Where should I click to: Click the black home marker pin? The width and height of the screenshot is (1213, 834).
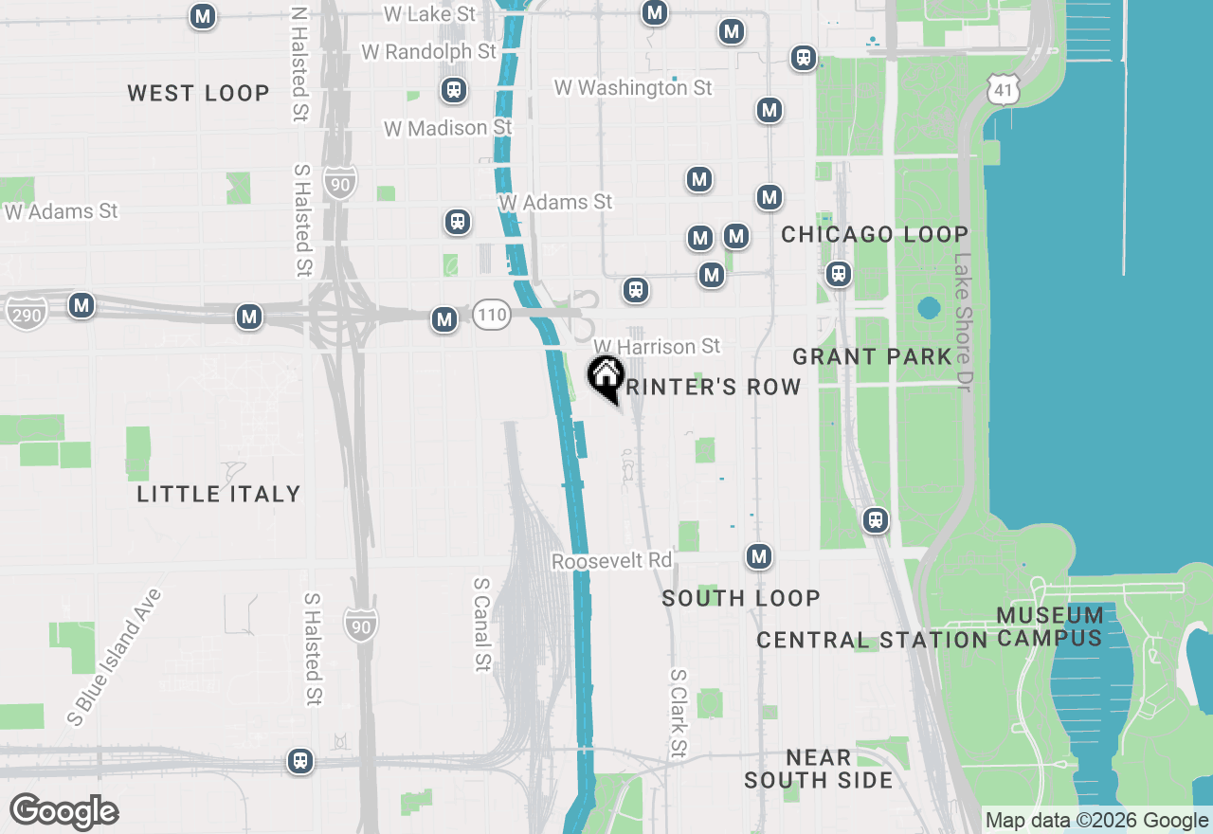click(x=606, y=377)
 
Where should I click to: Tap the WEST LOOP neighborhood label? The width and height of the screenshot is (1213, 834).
click(x=198, y=93)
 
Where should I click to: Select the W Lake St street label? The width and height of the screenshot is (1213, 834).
click(x=429, y=14)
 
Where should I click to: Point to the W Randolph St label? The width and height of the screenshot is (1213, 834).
click(x=428, y=51)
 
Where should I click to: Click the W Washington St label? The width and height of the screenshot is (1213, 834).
click(x=633, y=88)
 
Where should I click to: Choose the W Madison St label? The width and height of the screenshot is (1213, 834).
click(x=447, y=128)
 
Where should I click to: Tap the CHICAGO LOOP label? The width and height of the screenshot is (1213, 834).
click(x=874, y=234)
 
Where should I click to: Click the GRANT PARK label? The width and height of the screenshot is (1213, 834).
click(x=872, y=356)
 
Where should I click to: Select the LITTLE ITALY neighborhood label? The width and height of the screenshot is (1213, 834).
click(x=219, y=494)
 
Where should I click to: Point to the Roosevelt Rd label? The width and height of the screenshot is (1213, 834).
click(x=611, y=561)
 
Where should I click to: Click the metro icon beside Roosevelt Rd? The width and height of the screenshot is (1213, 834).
click(x=758, y=556)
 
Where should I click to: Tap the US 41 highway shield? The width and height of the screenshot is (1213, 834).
click(x=1002, y=90)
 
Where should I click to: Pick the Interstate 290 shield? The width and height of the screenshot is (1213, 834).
click(x=26, y=313)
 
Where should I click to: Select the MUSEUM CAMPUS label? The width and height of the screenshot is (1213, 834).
click(x=1050, y=626)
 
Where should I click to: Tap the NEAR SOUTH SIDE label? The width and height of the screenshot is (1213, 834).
click(x=818, y=769)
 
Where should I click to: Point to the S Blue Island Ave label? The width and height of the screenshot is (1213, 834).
click(x=115, y=657)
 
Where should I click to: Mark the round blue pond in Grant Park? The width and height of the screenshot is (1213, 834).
click(x=929, y=308)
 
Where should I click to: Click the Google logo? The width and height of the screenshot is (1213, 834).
click(x=63, y=812)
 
